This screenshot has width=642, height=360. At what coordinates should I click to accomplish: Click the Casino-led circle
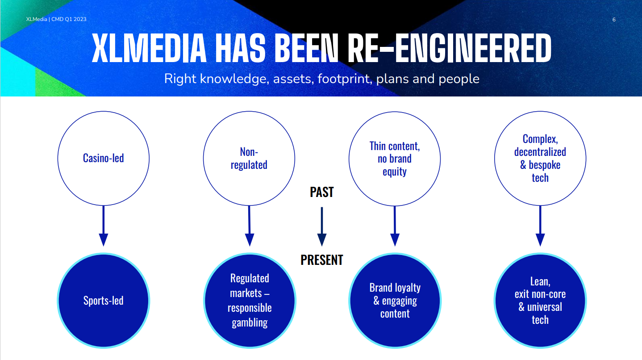tap(104, 158)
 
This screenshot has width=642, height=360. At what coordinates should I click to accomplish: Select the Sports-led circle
tap(104, 301)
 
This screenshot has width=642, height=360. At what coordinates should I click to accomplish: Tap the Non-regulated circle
tap(249, 158)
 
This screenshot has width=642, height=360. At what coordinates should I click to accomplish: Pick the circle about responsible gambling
tap(250, 301)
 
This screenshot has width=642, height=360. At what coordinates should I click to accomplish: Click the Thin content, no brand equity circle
tap(395, 159)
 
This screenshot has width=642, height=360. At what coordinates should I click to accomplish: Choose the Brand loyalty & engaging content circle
tap(395, 301)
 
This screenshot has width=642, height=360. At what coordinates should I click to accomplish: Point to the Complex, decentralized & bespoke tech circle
tap(540, 158)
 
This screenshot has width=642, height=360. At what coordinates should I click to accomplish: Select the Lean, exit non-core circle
tap(540, 301)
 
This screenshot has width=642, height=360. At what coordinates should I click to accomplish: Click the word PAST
tap(322, 192)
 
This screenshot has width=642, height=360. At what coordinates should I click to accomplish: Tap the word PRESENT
tap(322, 260)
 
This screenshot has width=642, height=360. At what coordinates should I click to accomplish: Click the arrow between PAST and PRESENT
tap(322, 226)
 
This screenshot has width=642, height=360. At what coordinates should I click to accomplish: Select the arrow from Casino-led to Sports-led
tap(104, 226)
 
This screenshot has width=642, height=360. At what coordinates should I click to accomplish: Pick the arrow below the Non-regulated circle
tap(250, 226)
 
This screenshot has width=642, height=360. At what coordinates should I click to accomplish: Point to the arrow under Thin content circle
tap(395, 226)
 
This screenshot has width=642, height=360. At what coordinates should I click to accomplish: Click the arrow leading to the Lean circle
tap(540, 226)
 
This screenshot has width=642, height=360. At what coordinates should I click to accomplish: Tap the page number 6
tap(614, 20)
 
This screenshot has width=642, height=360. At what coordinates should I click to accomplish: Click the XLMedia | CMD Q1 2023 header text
tap(56, 19)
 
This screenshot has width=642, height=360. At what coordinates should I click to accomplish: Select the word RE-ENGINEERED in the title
tap(450, 48)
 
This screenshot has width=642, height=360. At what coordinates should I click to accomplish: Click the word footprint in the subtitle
tap(345, 79)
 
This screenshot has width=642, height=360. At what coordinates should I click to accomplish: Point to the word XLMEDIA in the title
tap(149, 48)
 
